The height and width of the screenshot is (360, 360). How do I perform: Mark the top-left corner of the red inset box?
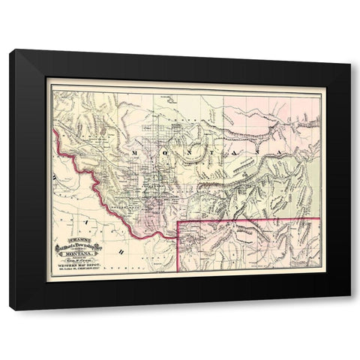tap(178, 222)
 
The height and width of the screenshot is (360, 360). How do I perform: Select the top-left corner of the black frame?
tap(10, 49)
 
